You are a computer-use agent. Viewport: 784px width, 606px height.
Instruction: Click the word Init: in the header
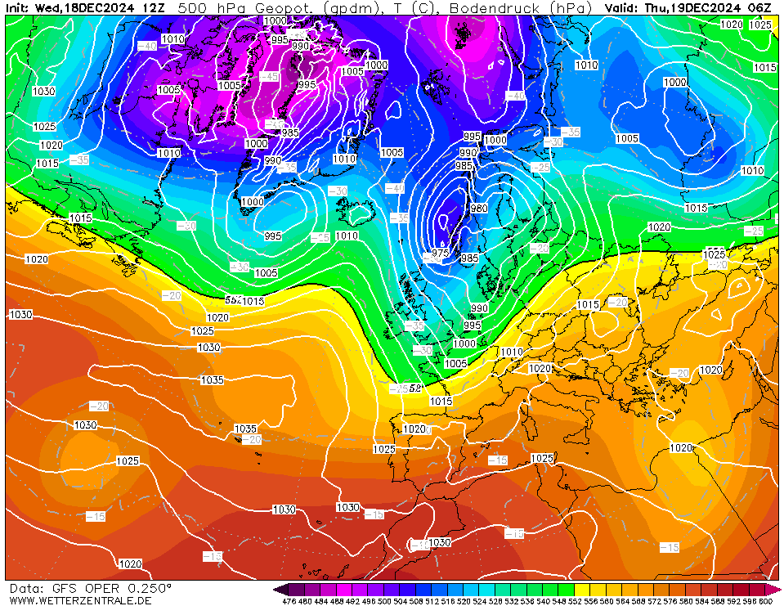pyautogui.click(x=19, y=7)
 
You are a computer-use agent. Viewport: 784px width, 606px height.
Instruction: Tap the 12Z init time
pyautogui.click(x=153, y=7)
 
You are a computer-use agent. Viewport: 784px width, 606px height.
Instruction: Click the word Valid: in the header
pyautogui.click(x=623, y=7)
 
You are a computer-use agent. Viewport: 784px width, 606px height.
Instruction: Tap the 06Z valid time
pyautogui.click(x=759, y=7)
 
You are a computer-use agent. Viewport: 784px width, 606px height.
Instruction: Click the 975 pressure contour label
pyautogui.click(x=441, y=254)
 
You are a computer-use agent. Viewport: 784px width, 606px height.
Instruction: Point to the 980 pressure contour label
pyautogui.click(x=479, y=209)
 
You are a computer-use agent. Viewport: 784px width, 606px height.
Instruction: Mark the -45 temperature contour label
pyautogui.click(x=270, y=76)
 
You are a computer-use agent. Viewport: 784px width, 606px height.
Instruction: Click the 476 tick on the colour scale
pyautogui.click(x=289, y=602)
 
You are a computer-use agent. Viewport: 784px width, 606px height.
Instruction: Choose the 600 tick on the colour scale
pyautogui.click(x=765, y=602)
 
